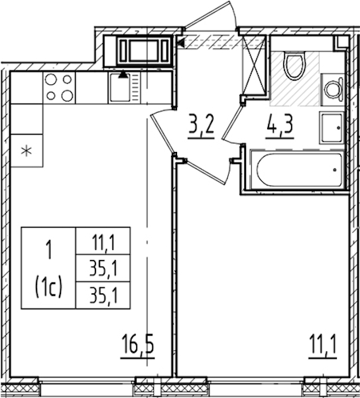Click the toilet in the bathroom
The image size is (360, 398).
294,66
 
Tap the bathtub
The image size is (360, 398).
299,170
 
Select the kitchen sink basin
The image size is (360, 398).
119,88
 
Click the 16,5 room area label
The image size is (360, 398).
138,344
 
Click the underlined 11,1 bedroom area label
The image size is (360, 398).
323,344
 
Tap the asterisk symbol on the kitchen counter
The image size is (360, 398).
27,151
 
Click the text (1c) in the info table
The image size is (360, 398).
48,288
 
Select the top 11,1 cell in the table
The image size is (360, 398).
103,241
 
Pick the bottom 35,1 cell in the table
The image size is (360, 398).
103,295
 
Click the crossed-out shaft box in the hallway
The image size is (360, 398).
254,65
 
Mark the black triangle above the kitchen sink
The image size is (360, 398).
123,74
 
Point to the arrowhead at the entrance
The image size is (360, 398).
180,43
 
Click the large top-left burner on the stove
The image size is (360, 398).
51,79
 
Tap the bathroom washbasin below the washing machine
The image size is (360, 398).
331,127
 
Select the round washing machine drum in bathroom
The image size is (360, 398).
332,90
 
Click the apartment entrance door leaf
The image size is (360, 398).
208,13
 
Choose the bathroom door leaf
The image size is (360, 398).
232,123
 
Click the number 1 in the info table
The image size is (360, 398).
49,250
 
